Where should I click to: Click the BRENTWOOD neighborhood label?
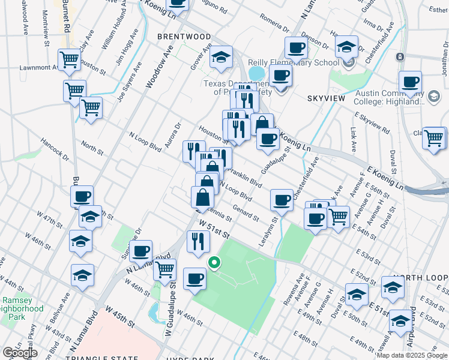(x=184, y=37)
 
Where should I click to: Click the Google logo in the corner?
(x=20, y=352)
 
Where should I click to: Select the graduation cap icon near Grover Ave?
(x=221, y=58)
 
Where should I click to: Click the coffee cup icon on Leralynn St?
(x=282, y=200)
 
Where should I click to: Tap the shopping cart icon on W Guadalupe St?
(x=164, y=269)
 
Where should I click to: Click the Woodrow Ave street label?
(x=155, y=67)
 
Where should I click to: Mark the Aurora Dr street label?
(x=175, y=134)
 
